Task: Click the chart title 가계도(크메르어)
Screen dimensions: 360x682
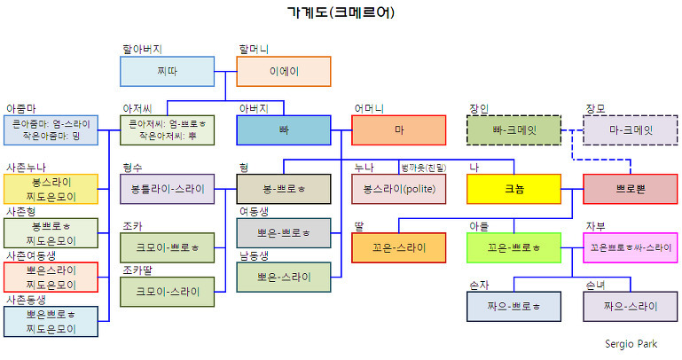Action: [341, 12]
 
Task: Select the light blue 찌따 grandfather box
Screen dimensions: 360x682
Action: [167, 71]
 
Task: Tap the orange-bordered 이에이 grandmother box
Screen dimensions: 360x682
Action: [283, 71]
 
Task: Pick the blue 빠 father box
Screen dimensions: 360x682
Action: [283, 129]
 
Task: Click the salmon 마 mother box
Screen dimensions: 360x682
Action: [398, 129]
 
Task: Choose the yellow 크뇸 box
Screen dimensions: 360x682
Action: [514, 189]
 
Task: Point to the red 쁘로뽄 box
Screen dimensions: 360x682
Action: [630, 189]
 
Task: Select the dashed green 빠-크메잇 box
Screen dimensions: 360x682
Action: [514, 129]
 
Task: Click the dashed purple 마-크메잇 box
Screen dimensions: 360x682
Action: [630, 129]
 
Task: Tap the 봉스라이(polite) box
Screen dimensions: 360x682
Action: [398, 189]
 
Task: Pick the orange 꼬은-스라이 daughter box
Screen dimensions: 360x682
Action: [398, 247]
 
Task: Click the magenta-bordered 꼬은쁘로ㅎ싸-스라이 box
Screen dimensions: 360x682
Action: [630, 247]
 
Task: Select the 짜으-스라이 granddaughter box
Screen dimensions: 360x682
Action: [630, 306]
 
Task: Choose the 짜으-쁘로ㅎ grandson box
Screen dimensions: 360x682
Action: [514, 306]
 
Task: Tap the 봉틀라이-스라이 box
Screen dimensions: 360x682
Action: [167, 189]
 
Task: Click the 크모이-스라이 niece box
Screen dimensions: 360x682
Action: [167, 291]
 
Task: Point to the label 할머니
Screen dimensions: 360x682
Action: [254, 49]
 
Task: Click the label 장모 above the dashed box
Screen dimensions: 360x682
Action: [595, 108]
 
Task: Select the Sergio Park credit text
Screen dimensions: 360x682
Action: [631, 343]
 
